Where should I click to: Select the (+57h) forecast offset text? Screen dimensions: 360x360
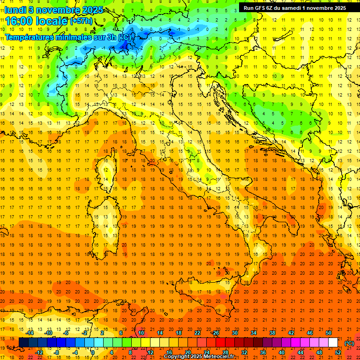(x=82, y=21)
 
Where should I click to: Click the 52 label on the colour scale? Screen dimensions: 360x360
(x=338, y=352)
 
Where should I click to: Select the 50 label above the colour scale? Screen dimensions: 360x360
(x=328, y=333)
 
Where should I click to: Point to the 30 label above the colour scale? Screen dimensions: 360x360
(x=234, y=333)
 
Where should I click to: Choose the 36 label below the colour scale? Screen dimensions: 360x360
(x=263, y=352)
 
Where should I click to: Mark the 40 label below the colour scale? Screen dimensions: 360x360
(x=282, y=352)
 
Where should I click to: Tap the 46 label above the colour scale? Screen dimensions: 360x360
(x=309, y=333)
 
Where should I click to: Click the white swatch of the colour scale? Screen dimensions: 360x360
(x=333, y=343)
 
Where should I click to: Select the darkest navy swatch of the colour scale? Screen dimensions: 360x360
(x=23, y=343)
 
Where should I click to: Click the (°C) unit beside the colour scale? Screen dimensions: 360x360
(x=349, y=343)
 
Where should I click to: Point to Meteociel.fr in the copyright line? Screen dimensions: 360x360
(x=219, y=357)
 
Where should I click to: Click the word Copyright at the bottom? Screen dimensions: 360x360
(x=177, y=357)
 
